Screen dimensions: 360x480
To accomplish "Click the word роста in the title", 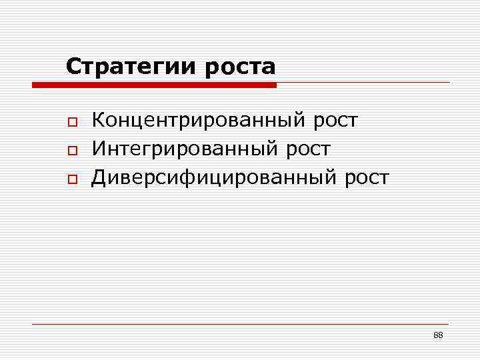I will (241, 67).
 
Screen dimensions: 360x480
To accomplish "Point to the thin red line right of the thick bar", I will (363, 83).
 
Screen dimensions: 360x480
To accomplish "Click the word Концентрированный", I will (197, 121).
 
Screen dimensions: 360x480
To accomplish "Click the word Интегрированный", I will (183, 149).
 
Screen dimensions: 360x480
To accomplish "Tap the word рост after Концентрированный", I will (334, 121).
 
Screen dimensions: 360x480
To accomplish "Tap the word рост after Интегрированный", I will (306, 149).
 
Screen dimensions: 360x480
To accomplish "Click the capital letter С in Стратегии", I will (73, 67).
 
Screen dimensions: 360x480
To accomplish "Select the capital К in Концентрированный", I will (99, 121).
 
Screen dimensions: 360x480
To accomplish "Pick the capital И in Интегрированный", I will (99, 149).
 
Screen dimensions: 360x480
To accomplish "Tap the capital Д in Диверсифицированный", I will (99, 177).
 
